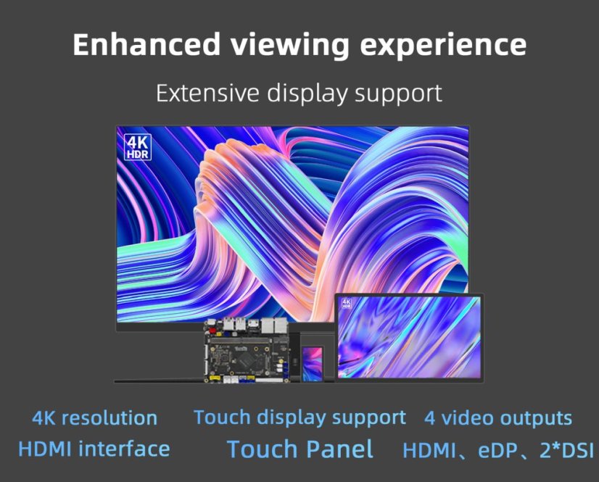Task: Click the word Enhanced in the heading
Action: (x=146, y=44)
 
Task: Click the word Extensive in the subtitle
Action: (x=207, y=93)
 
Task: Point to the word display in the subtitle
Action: (x=307, y=94)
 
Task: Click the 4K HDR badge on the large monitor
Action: (x=138, y=147)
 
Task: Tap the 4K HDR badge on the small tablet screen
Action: (x=347, y=304)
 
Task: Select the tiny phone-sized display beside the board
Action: (x=313, y=364)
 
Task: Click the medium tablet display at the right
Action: (x=409, y=338)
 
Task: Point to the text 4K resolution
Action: (x=95, y=418)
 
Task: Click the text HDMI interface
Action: (x=94, y=449)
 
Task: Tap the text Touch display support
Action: (x=300, y=417)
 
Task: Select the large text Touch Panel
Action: (x=300, y=449)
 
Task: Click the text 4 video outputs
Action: (x=498, y=417)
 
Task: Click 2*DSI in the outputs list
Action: (x=566, y=449)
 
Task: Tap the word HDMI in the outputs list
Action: (x=429, y=450)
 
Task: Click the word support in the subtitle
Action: (x=398, y=94)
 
